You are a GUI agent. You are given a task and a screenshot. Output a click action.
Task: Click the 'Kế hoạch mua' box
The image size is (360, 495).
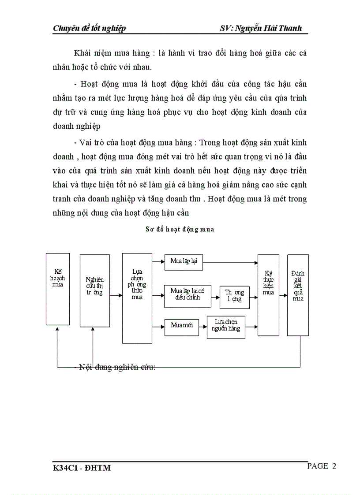pyautogui.click(x=58, y=289)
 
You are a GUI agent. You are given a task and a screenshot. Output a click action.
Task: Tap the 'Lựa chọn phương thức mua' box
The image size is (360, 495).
pyautogui.click(x=137, y=298)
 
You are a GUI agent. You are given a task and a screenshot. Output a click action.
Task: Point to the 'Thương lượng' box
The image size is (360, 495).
pyautogui.click(x=234, y=297)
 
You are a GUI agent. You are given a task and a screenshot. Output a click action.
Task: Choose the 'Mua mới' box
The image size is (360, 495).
pyautogui.click(x=181, y=326)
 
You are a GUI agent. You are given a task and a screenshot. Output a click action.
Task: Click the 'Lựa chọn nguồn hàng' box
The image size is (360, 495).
pyautogui.click(x=226, y=327)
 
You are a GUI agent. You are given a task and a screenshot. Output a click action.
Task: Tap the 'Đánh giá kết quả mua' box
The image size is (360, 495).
pyautogui.click(x=298, y=295)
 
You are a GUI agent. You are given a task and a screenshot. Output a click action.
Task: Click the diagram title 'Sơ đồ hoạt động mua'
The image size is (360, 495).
pyautogui.click(x=180, y=229)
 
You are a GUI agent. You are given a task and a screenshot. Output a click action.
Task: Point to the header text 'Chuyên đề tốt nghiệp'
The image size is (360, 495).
pyautogui.click(x=89, y=29)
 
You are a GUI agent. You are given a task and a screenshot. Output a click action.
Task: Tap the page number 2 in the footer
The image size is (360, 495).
pyautogui.click(x=334, y=466)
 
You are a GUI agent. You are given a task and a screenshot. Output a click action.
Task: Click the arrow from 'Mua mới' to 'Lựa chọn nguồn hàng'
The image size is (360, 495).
pyautogui.click(x=202, y=326)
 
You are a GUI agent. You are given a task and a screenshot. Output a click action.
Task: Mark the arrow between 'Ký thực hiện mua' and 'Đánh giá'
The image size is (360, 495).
pyautogui.click(x=283, y=295)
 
